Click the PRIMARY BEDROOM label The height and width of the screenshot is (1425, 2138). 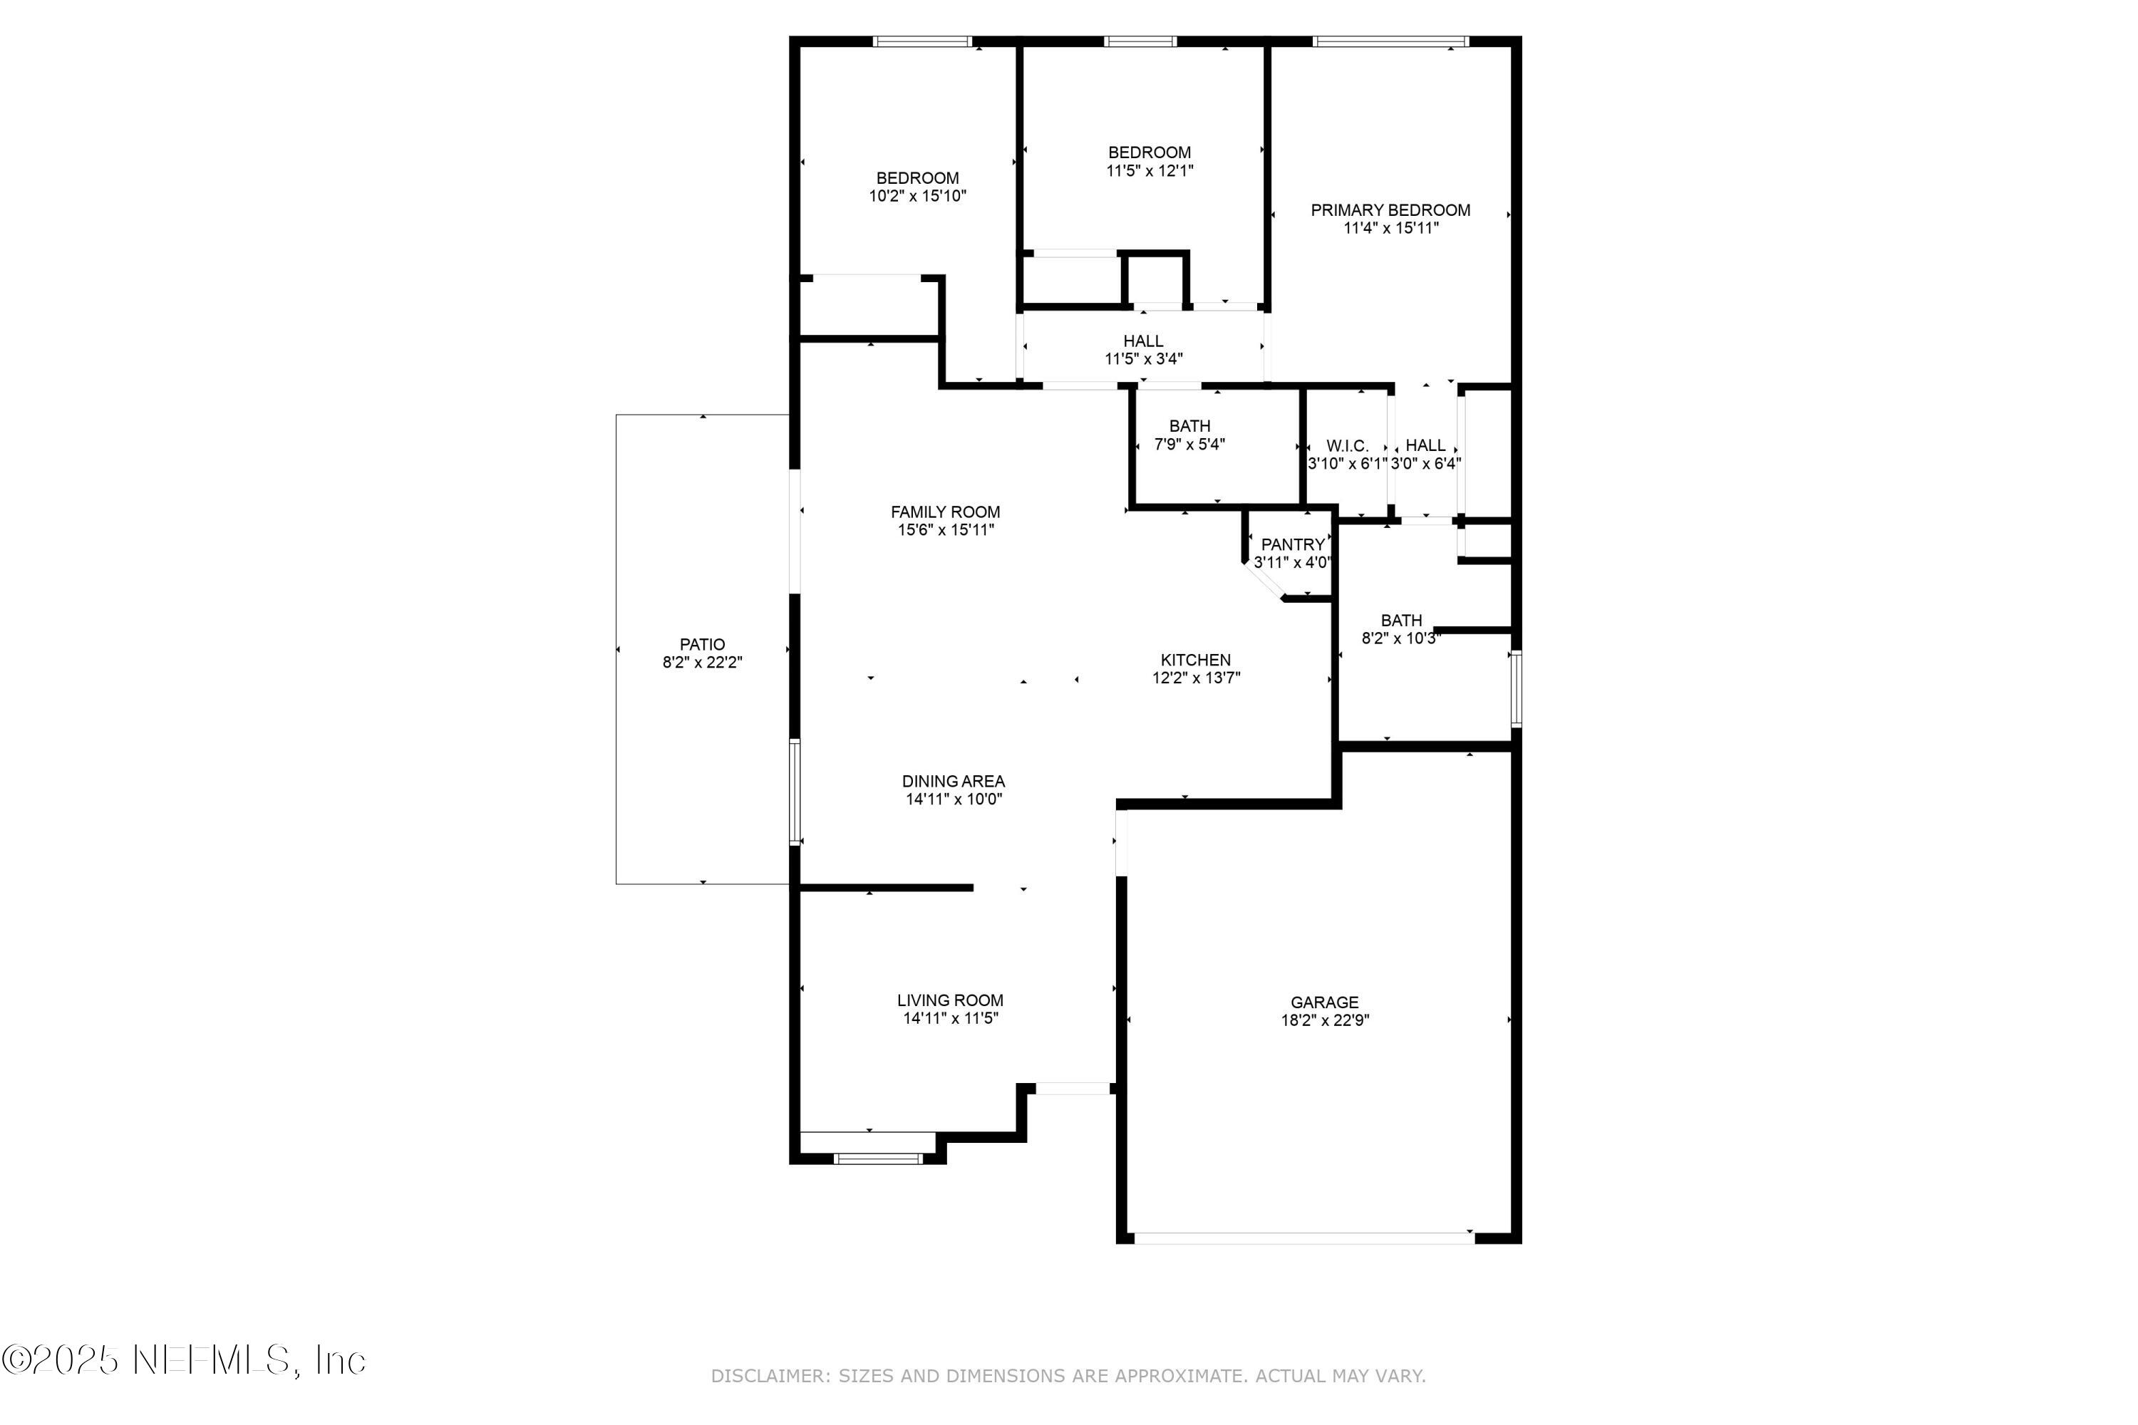click(1390, 211)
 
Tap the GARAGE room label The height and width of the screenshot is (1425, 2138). click(1324, 1002)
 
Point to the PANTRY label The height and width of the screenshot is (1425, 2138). click(1293, 545)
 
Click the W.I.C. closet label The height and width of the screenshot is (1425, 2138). click(1347, 446)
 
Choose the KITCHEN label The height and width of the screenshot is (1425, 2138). click(1195, 660)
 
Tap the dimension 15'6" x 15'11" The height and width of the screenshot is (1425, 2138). click(946, 530)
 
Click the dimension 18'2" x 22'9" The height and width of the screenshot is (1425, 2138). click(1324, 1020)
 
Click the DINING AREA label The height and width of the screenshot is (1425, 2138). click(953, 782)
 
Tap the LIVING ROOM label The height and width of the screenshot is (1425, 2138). click(950, 1000)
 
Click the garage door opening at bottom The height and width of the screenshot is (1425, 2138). click(1303, 1238)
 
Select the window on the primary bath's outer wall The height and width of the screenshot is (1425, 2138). click(1515, 688)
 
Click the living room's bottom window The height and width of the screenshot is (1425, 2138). click(878, 1159)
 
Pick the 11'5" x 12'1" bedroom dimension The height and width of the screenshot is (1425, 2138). click(1149, 171)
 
